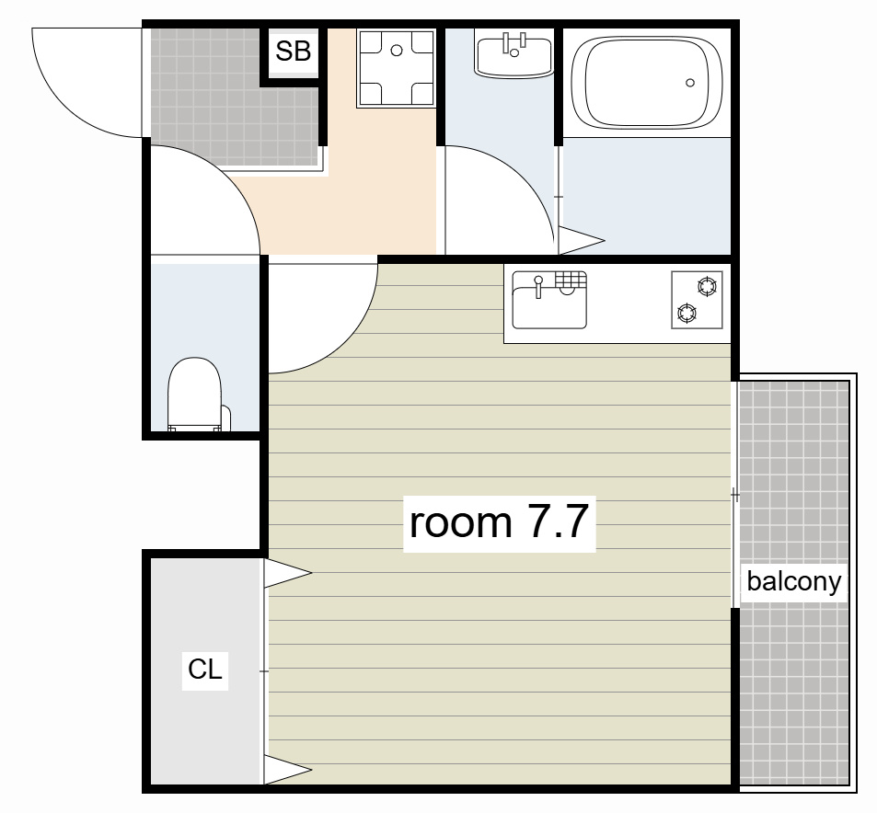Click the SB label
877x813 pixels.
tap(293, 52)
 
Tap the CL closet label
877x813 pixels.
tap(204, 670)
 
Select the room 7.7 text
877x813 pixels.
tap(499, 522)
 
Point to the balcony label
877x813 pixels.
tap(793, 581)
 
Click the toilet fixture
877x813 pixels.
tap(195, 395)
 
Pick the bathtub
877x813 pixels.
tap(647, 83)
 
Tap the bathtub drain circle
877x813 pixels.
tap(690, 83)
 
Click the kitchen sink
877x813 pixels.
tap(549, 300)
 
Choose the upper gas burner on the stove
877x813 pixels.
tap(707, 287)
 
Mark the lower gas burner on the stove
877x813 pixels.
tap(687, 313)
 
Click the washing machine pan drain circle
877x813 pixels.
tap(397, 51)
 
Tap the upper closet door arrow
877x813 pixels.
tap(287, 573)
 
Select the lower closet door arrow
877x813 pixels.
tap(287, 770)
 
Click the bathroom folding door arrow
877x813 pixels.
tap(582, 240)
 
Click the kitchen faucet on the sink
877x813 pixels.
tap(538, 286)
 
